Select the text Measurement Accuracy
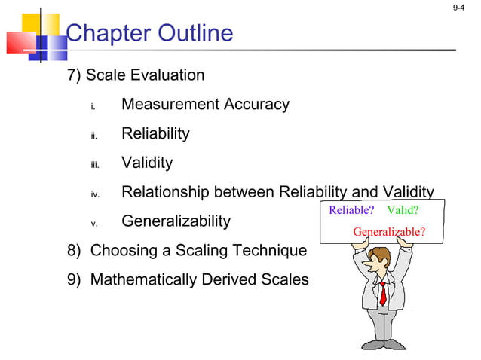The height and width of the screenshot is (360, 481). [205, 105]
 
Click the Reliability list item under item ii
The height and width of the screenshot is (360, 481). [155, 134]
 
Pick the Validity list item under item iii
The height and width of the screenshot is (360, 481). [147, 163]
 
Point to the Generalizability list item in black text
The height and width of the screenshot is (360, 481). [176, 221]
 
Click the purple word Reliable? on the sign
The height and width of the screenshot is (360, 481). [351, 210]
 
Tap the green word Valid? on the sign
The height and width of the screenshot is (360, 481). [403, 210]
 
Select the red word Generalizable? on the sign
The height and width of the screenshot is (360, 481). [388, 231]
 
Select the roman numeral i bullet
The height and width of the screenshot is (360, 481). [93, 106]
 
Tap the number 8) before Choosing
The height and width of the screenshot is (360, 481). [74, 251]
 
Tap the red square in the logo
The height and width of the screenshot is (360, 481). [20, 44]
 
